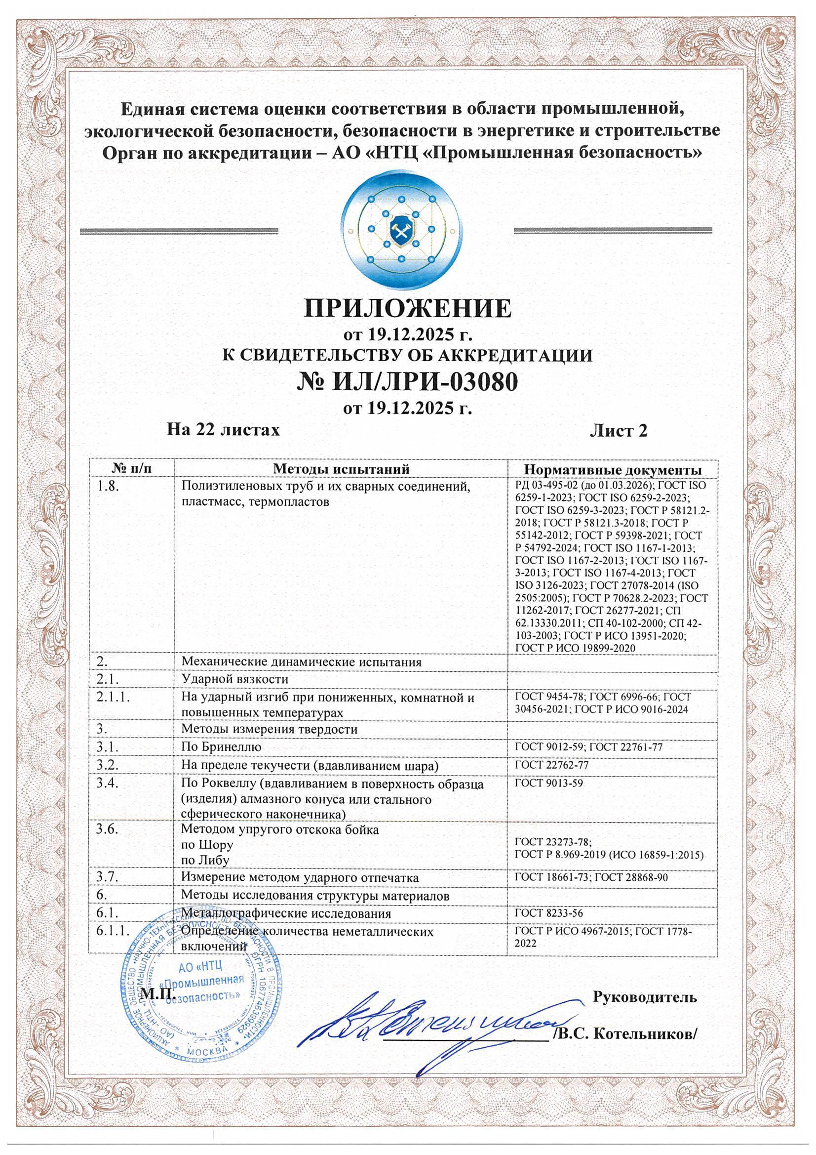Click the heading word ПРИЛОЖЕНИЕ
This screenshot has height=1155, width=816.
point(408,308)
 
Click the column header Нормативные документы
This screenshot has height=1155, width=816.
point(613,469)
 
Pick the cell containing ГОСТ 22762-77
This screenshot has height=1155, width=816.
point(551,765)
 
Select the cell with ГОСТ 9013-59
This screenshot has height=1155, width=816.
point(548,783)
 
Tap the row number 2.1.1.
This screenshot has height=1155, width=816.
point(115,698)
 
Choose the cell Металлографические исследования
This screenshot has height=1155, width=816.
point(286,913)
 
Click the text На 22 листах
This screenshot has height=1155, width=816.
point(223,430)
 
